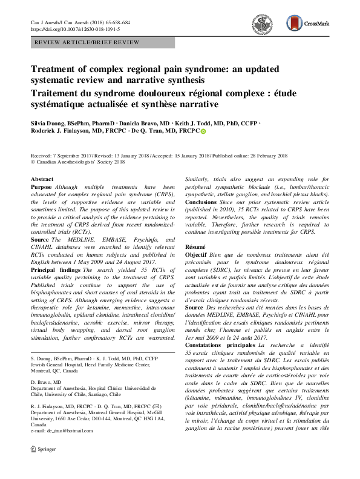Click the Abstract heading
[42, 180]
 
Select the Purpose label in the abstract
[42, 188]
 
